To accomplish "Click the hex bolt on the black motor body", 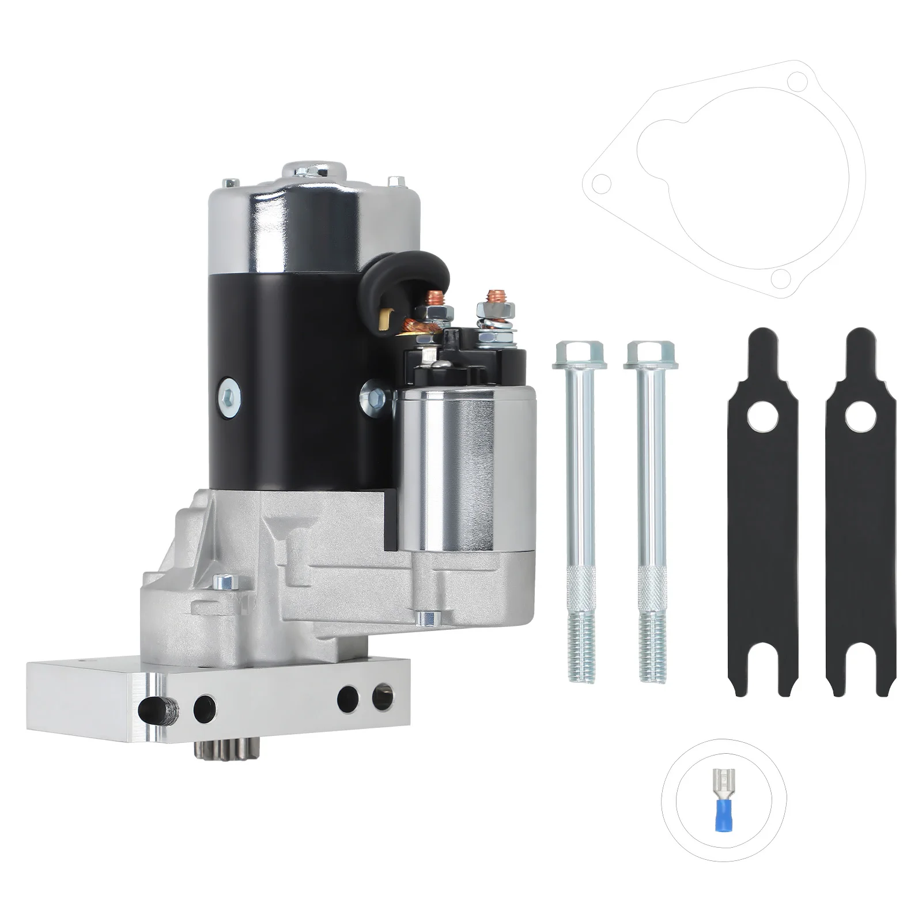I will (x=229, y=394).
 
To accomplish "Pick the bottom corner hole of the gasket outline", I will (x=780, y=279).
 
